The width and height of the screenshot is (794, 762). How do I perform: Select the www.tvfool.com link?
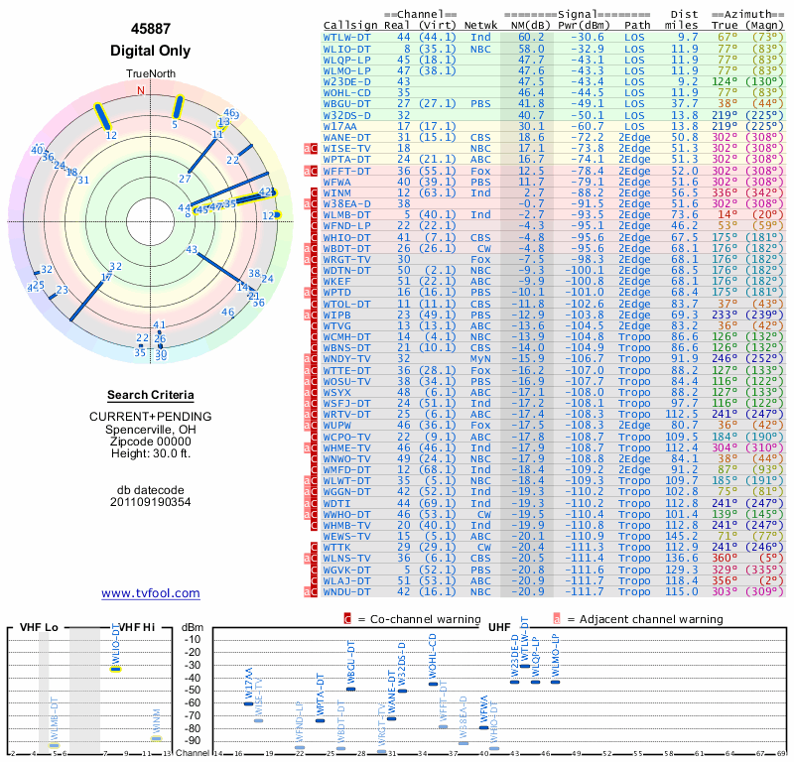[x=150, y=593]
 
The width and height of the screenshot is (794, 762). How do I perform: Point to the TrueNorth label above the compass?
[x=150, y=74]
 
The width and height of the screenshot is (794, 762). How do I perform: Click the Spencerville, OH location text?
[x=150, y=429]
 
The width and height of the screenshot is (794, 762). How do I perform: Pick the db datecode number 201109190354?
[x=150, y=502]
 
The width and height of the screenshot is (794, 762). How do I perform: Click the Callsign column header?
[x=349, y=25]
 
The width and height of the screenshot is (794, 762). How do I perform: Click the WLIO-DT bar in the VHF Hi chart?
[x=115, y=669]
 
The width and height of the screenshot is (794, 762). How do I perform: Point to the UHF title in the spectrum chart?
[x=499, y=627]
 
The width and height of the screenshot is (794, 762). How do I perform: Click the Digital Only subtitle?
[x=150, y=51]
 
